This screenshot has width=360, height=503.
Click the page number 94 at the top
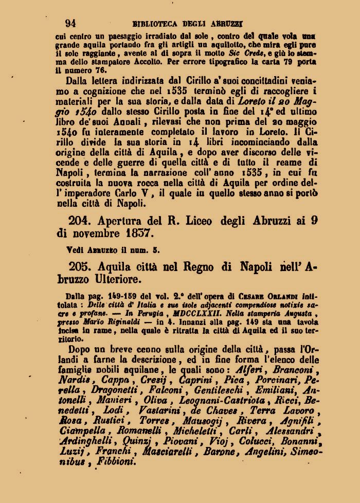71,23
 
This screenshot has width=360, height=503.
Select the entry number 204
80,220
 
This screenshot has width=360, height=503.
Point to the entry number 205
80,267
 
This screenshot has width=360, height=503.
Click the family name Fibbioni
112,461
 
